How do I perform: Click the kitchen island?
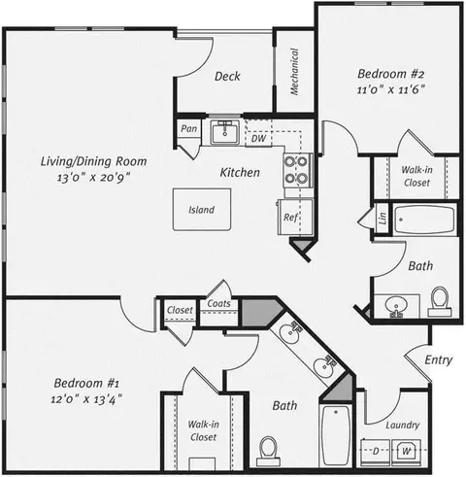pos(202,210)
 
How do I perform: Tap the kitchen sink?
pos(225,132)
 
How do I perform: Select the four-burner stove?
pos(298,170)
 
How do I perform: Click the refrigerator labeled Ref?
pos(295,217)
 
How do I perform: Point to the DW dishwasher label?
pos(258,139)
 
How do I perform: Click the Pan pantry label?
pos(188,128)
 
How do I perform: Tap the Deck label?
pos(227,77)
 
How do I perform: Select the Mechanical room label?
pos(294,72)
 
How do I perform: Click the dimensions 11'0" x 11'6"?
pos(390,89)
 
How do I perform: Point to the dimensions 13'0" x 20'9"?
pos(93,178)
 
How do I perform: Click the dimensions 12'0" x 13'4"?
pos(86,399)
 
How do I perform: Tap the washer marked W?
pos(407,452)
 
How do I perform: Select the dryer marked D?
pos(376,452)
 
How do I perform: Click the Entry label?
pos(439,360)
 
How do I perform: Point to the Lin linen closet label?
pos(383,219)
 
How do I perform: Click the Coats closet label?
pos(218,303)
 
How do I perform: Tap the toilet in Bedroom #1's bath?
pos(269,451)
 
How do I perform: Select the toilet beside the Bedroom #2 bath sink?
pos(440,301)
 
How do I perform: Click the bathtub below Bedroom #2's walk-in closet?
pos(424,220)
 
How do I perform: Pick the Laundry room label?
pos(403,426)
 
